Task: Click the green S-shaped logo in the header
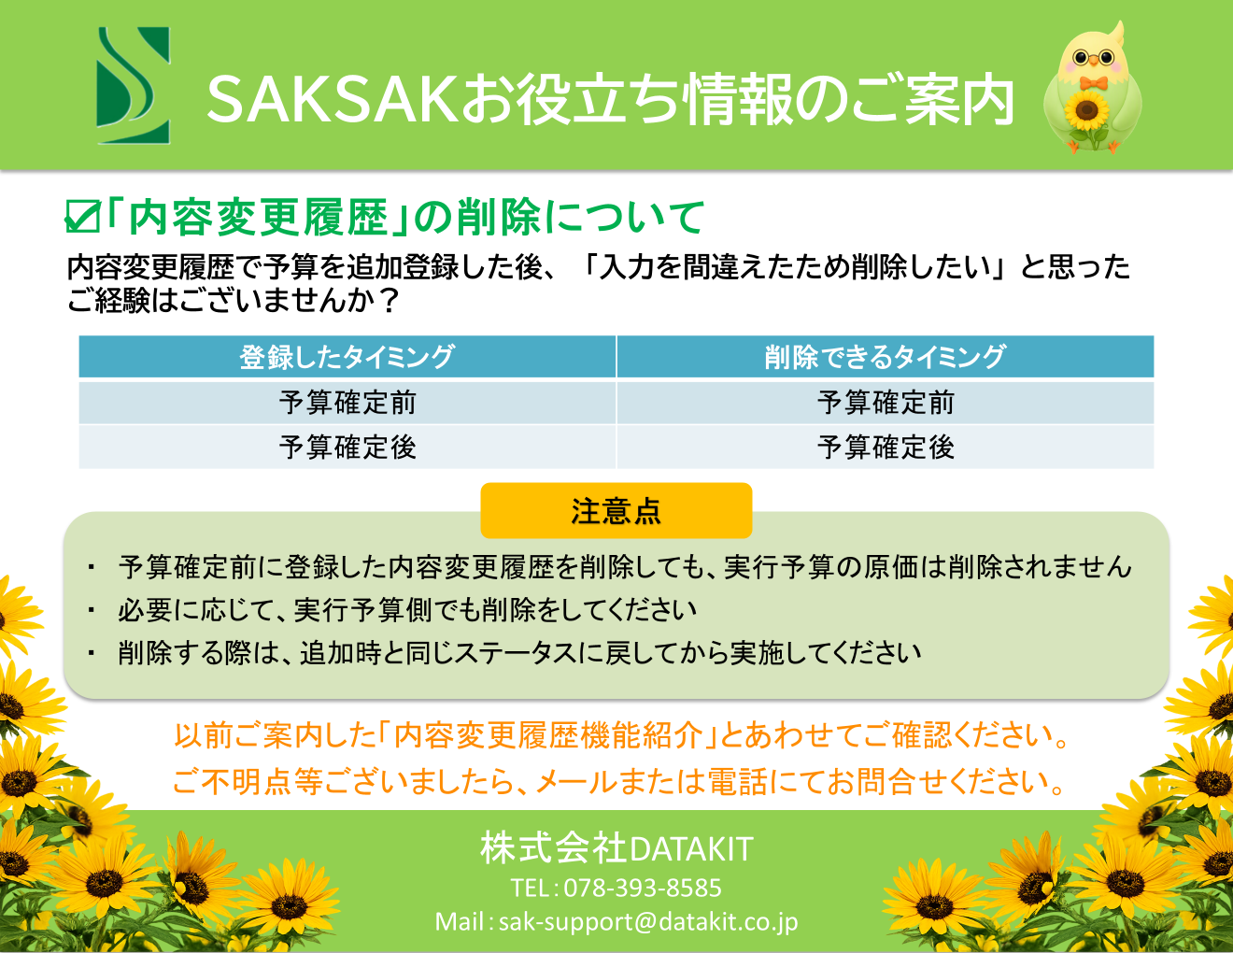pos(134,85)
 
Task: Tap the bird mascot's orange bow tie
pos(1093,84)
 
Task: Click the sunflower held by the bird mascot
pos(1087,109)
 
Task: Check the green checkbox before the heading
pos(82,216)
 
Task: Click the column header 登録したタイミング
pos(347,357)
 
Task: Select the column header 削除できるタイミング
pos(886,357)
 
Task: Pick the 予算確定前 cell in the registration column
pos(347,403)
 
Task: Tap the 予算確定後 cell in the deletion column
pos(886,448)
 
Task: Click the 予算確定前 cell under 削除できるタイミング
pos(886,403)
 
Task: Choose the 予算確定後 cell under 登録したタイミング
pos(347,448)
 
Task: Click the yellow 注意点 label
pos(616,510)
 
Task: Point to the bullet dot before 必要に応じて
pos(92,610)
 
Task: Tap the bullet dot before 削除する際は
pos(92,653)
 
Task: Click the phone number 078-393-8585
pos(643,889)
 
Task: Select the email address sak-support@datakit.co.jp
pos(648,922)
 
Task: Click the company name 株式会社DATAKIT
pos(616,849)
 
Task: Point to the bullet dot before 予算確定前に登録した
pos(92,567)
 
